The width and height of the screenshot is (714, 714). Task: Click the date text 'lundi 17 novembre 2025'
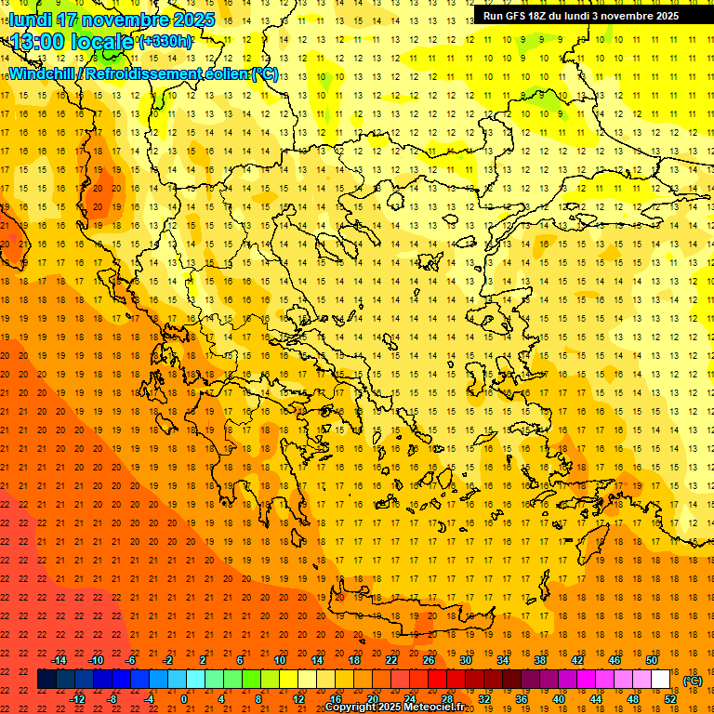coord(112,20)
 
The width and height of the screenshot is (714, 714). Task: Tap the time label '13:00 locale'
coord(73,42)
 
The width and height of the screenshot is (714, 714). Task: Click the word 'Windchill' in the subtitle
coord(46,73)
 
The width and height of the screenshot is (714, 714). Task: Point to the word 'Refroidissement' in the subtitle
coord(142,73)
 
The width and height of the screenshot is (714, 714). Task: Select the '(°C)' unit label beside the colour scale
coord(693,681)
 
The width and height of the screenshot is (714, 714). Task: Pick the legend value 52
coord(670,699)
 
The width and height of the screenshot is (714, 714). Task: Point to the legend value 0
coord(184,699)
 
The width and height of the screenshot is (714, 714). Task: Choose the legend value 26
coord(429,659)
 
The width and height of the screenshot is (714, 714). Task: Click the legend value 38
coord(539,659)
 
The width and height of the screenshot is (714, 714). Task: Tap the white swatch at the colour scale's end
coord(661,680)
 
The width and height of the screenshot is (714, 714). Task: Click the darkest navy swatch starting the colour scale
coord(46,680)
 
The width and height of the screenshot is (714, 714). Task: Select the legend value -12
coord(77,699)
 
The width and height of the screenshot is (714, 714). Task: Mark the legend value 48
coord(633,699)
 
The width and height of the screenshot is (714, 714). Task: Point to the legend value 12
coord(298,699)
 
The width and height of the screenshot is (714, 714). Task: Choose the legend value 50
coord(652,659)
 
